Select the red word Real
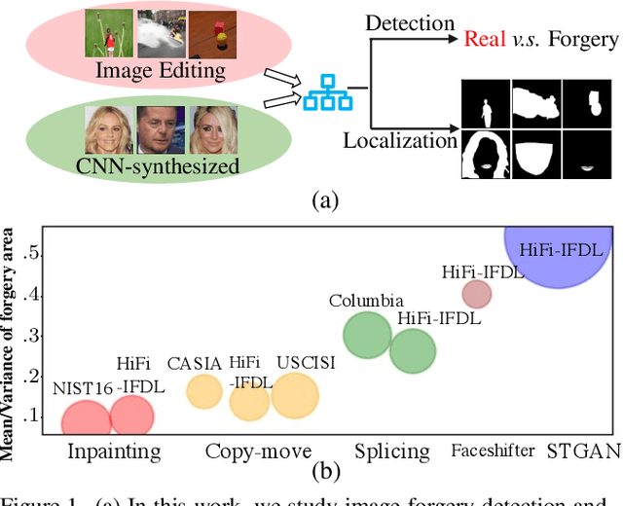click(484, 39)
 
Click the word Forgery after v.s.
click(581, 39)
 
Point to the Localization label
click(400, 142)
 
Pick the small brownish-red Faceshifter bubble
click(476, 293)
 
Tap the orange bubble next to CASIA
click(204, 391)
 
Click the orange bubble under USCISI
click(294, 396)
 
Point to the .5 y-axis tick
click(33, 253)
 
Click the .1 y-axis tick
click(33, 416)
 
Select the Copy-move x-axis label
click(258, 452)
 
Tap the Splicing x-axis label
click(391, 452)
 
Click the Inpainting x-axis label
click(113, 452)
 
